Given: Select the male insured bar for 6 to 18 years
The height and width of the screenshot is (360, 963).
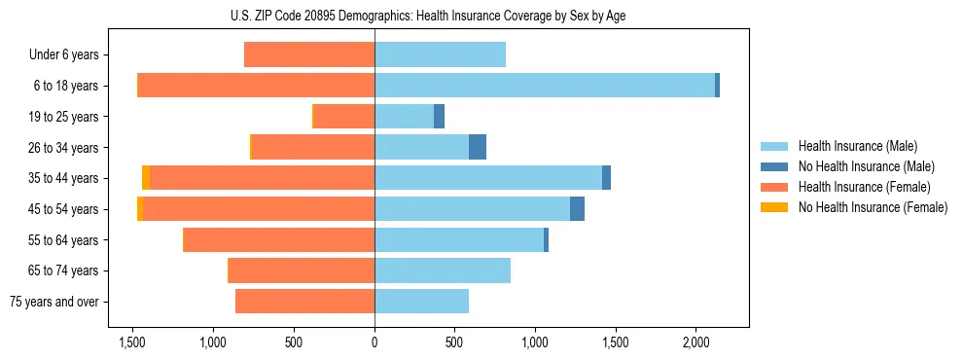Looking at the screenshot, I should [545, 85].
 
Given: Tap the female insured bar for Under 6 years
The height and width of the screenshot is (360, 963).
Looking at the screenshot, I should [309, 54].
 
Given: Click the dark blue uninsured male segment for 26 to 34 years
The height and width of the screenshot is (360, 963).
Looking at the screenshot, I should [478, 147].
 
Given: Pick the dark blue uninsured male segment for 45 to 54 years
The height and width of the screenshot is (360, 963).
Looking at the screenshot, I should [577, 208].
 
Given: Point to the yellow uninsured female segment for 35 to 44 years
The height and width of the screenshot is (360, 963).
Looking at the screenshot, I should [146, 177].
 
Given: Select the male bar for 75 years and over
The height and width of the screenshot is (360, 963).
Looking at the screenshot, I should [421, 302].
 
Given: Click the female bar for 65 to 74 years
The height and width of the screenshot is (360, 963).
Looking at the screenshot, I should [302, 270].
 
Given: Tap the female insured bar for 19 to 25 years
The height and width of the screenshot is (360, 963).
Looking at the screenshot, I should [344, 116].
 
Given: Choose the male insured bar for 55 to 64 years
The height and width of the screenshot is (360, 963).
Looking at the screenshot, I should [459, 239].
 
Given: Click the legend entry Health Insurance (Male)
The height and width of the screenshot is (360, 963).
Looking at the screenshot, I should [857, 146].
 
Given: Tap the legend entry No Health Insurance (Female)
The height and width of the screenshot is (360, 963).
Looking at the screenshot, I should [873, 207].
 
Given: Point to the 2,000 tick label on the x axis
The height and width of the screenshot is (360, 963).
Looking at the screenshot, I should [695, 342].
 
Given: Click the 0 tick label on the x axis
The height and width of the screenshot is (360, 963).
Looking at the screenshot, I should [374, 342].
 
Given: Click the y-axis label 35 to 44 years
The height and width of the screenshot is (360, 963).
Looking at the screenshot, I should [64, 178].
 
